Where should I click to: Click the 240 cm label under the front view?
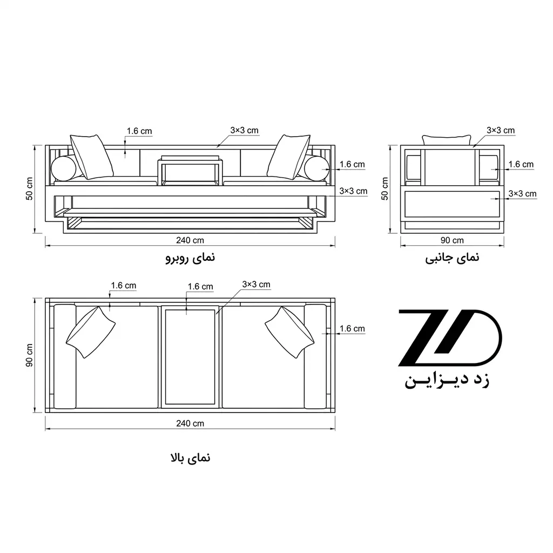(190, 240)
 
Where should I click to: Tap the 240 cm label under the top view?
(190, 423)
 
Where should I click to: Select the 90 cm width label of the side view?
(452, 240)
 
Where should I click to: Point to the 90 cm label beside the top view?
(29, 355)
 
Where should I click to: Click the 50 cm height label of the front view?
(29, 188)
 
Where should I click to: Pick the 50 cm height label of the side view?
(385, 188)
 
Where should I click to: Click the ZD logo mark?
(450, 338)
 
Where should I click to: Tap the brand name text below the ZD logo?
(447, 381)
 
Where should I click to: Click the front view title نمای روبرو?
(190, 258)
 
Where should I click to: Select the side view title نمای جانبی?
(452, 258)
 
